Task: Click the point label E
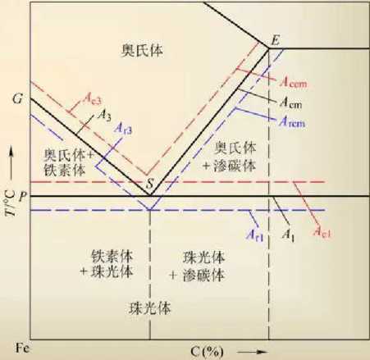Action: tap(275, 41)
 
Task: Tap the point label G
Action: tap(17, 99)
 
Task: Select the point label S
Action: tap(149, 184)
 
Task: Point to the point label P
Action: tap(23, 196)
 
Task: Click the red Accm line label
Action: tap(293, 82)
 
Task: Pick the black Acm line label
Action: tap(290, 103)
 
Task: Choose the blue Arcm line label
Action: tap(292, 122)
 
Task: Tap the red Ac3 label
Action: tap(92, 99)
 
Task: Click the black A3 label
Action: tap(105, 115)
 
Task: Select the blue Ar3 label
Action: tap(123, 128)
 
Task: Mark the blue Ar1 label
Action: tap(255, 235)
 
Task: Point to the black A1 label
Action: tap(288, 235)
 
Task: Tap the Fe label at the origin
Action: tap(23, 349)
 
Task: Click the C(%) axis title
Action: tap(207, 352)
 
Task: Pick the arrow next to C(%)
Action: tap(253, 352)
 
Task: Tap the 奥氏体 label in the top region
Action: tap(142, 51)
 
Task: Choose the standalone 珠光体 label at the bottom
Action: tap(150, 308)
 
